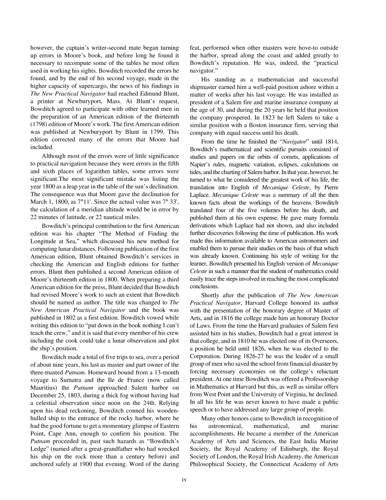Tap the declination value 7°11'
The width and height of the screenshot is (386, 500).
pyautogui.click(x=85, y=202)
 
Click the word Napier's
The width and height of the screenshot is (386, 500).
pyautogui.click(x=200, y=164)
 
